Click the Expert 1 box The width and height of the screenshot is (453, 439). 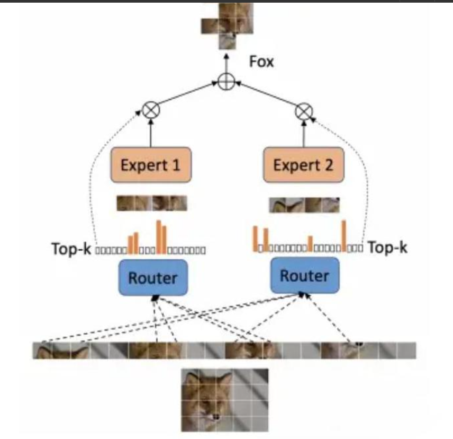[151, 165]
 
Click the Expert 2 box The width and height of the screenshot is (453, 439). [303, 165]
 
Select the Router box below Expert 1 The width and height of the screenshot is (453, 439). [153, 277]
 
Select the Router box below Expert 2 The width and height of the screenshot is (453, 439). [304, 275]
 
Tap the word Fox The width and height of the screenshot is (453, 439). [261, 62]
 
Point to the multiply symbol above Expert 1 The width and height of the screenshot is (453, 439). [151, 111]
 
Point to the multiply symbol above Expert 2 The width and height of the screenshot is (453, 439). [303, 111]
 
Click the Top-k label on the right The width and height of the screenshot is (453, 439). [387, 247]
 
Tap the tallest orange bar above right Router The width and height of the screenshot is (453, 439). [344, 235]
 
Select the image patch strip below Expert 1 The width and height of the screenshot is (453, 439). [151, 203]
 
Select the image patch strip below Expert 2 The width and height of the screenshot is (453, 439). [304, 205]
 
